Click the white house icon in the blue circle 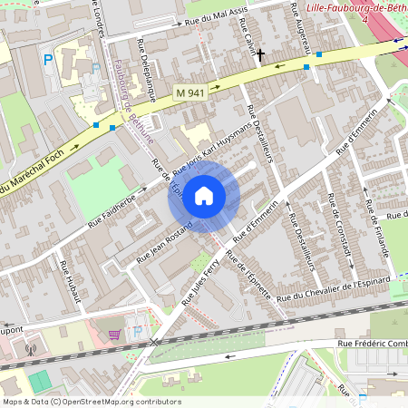tap(204, 195)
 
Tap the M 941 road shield tap(190, 92)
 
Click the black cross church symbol tap(260, 55)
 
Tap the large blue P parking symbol tap(47, 61)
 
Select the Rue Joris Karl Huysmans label tap(209, 147)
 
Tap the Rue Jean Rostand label tap(164, 242)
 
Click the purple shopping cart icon tap(114, 334)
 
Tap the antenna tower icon tap(30, 347)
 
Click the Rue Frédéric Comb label tap(372, 343)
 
